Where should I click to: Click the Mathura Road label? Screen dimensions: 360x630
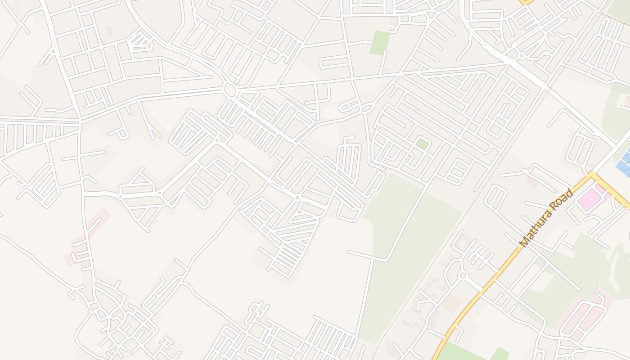547,218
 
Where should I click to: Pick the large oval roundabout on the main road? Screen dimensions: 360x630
230,90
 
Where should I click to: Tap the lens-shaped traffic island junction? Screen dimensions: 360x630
367,108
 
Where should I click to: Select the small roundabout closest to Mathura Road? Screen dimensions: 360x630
462,275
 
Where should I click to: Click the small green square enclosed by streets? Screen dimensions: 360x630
422,144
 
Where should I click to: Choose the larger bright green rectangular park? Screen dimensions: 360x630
379,42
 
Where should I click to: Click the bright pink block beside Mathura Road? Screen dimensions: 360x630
590,198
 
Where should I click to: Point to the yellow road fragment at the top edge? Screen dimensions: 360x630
526,2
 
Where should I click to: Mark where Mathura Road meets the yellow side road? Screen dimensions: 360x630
591,174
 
